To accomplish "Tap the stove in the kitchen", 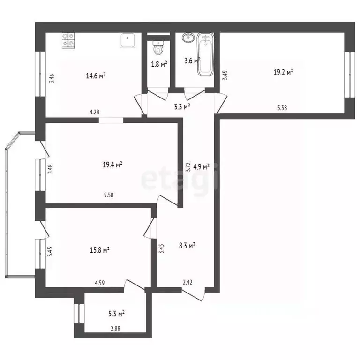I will [68, 39].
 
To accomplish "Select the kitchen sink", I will [128, 41].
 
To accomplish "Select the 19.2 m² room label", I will [283, 72].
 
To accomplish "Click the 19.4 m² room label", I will [112, 165].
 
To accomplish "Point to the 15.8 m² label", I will [100, 250].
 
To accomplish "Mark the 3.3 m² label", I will [181, 106].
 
